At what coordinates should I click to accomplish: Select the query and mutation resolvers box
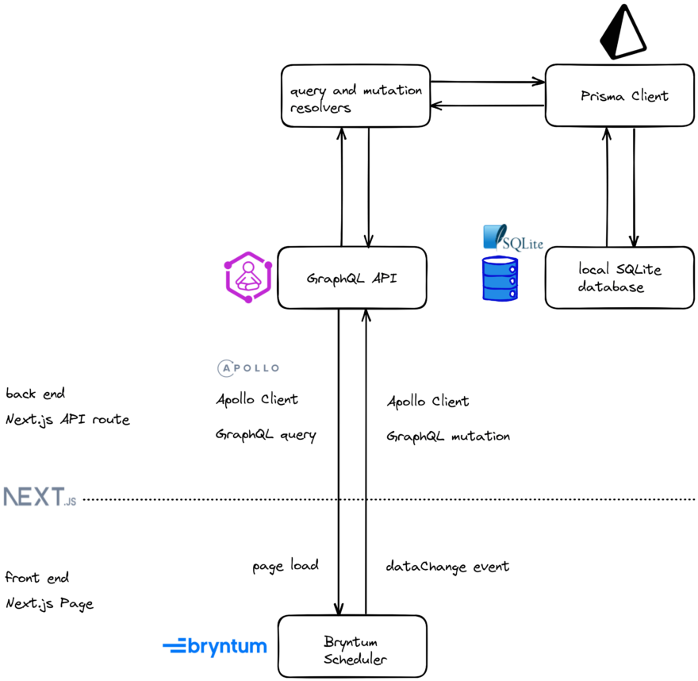tap(355, 97)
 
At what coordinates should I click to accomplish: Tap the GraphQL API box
tap(352, 278)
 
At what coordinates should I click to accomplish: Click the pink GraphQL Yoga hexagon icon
tap(249, 276)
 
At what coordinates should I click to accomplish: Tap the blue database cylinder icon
tap(500, 278)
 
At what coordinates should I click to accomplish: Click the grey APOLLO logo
tap(248, 368)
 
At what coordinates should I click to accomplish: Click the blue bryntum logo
tap(215, 646)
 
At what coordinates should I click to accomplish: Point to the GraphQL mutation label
tap(448, 437)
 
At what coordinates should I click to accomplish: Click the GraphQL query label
tap(266, 435)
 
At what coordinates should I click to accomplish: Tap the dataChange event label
tap(447, 567)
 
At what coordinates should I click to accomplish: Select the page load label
tap(286, 566)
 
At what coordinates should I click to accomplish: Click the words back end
tap(36, 394)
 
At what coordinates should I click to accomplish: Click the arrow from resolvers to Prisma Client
tap(488, 81)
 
